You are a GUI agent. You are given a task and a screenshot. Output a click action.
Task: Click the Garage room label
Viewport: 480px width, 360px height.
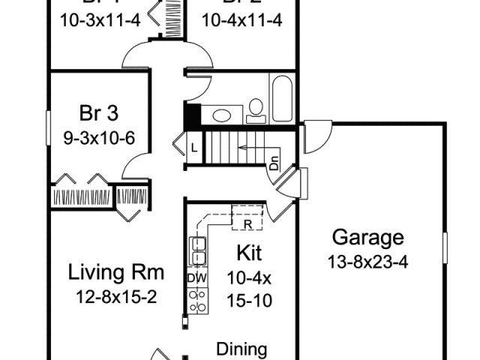click(367, 238)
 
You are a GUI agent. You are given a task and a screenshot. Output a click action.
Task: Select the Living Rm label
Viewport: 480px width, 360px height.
click(115, 271)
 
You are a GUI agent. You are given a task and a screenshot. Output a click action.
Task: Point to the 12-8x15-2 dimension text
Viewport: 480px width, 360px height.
click(115, 296)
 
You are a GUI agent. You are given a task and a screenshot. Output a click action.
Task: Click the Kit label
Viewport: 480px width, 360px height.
click(248, 251)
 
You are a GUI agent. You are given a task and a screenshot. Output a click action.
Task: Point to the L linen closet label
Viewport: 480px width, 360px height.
click(193, 148)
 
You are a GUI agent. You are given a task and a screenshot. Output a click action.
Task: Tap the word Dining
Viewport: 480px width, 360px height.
click(241, 349)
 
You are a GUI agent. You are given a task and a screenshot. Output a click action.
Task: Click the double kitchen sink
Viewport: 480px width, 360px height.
click(198, 251)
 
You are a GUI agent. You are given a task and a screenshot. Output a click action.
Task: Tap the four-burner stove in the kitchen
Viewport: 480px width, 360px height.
click(198, 301)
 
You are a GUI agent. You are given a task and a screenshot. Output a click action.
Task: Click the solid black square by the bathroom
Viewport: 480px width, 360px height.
click(191, 116)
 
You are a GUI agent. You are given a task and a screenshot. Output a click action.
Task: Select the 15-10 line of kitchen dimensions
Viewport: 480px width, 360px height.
click(248, 301)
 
